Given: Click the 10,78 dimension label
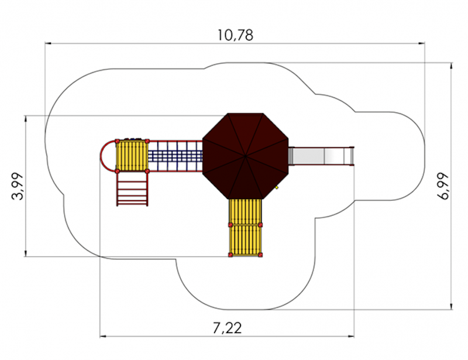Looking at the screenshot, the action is [x=235, y=35].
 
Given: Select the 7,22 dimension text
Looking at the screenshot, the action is [x=227, y=328].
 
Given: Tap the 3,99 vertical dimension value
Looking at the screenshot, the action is [x=17, y=186].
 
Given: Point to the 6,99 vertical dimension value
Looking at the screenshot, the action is [x=443, y=186].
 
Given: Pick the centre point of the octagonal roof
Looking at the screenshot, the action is [x=245, y=156].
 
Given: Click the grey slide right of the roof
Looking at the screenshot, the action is [x=321, y=156].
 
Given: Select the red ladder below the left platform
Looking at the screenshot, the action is [x=132, y=189].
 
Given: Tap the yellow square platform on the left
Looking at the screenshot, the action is [x=132, y=156].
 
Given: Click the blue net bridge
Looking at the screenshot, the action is [x=175, y=156].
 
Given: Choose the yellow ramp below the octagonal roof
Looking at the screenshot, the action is [x=245, y=227].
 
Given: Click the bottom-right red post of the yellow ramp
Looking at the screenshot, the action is [x=260, y=255].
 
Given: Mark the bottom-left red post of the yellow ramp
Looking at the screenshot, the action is [x=230, y=255].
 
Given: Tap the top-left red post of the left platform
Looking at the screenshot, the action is [x=118, y=141].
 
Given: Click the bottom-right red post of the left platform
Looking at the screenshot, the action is [x=147, y=171].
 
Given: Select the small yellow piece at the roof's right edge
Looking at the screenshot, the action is [x=277, y=187].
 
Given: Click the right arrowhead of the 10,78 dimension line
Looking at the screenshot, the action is [x=422, y=44].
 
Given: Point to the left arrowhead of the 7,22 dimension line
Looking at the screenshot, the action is [x=104, y=337].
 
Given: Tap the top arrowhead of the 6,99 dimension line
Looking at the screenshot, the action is [x=451, y=66].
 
